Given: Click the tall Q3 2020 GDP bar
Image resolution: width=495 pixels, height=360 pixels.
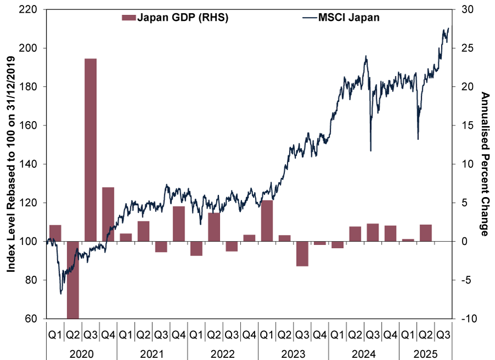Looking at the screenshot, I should pyautogui.click(x=91, y=150).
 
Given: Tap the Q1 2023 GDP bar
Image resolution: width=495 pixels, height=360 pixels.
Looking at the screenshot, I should pyautogui.click(x=267, y=221).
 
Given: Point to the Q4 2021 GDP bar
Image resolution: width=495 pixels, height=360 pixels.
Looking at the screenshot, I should pyautogui.click(x=179, y=223).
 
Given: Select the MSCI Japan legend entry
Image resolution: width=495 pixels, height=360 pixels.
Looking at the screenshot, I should pyautogui.click(x=340, y=18).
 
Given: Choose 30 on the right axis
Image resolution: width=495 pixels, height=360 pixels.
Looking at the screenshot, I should pyautogui.click(x=466, y=9).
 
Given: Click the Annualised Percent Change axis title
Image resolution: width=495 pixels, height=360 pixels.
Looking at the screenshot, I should pyautogui.click(x=485, y=164).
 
